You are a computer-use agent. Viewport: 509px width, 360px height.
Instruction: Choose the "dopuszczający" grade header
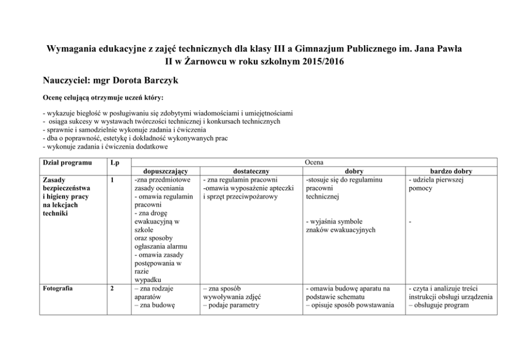pos(161,171)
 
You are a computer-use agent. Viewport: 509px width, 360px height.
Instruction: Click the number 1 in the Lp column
pos(112,180)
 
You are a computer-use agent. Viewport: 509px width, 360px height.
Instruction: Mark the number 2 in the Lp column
pos(112,288)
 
